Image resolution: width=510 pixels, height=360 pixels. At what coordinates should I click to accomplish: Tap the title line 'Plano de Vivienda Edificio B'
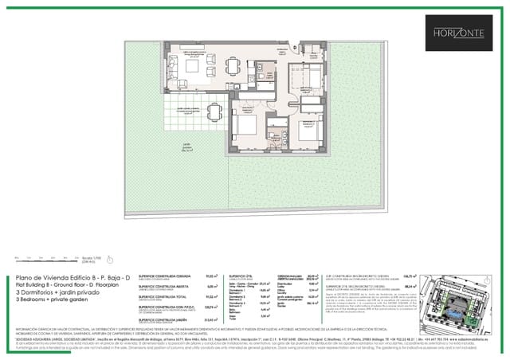coord(70,278)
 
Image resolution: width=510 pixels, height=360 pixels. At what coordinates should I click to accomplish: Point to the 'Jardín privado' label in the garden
coord(187,146)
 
